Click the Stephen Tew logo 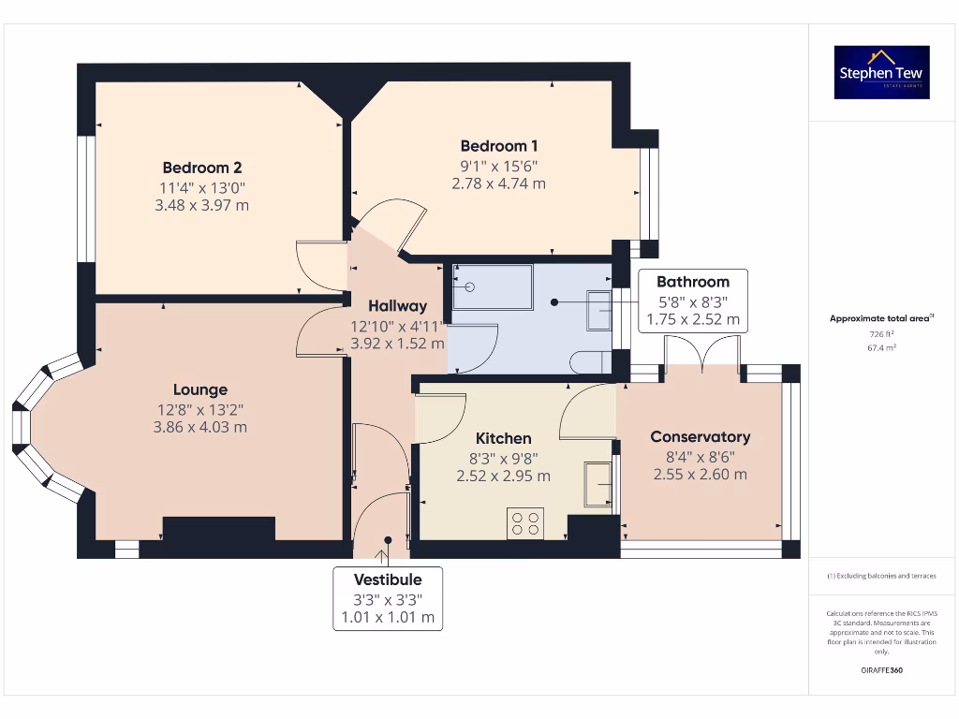click(x=881, y=72)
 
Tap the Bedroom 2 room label click(x=202, y=168)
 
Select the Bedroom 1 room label click(x=498, y=146)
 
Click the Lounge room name click(x=199, y=389)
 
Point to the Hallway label click(x=397, y=305)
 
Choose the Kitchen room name click(x=503, y=438)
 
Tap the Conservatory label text click(x=700, y=436)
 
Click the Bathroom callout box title click(x=692, y=281)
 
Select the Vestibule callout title click(x=387, y=580)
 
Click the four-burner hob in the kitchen click(x=524, y=523)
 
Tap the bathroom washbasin click(x=599, y=310)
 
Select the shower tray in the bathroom click(x=492, y=286)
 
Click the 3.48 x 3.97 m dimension click(x=202, y=205)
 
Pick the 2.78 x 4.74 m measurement click(x=498, y=183)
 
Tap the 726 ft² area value click(x=881, y=333)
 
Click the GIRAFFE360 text click(x=881, y=670)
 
